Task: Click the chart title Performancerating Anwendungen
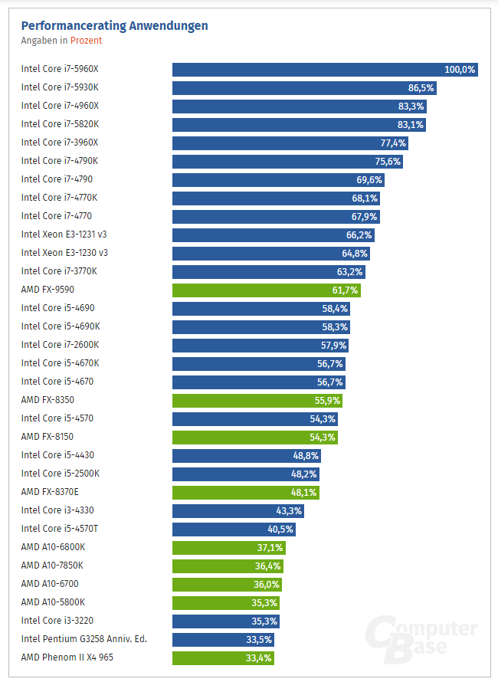pos(114,26)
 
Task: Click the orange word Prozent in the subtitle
pos(86,41)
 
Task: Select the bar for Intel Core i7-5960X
pos(306,69)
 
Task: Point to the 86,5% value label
pos(421,87)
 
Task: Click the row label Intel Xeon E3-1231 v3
pos(64,234)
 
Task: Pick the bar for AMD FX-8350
pos(245,400)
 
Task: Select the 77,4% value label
pos(393,143)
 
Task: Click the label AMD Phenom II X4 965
pos(67,657)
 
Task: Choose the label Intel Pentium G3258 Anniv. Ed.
pos(85,639)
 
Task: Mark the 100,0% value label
pos(460,69)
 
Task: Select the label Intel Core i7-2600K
pos(60,345)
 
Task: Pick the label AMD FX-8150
pos(48,437)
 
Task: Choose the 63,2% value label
pos(351,271)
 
